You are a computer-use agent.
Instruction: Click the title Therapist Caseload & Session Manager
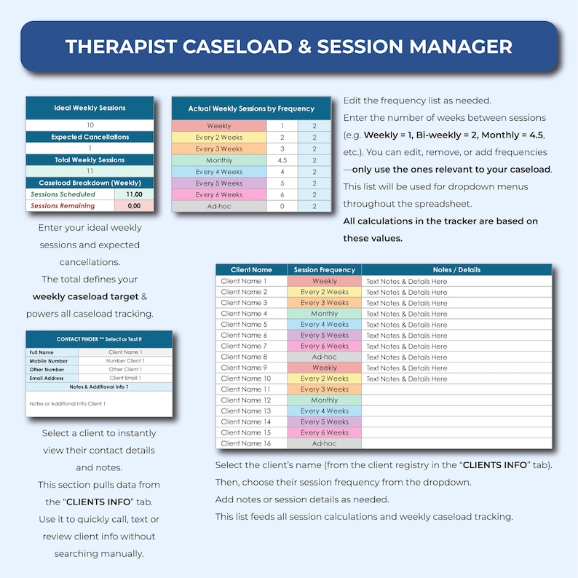pyautogui.click(x=288, y=47)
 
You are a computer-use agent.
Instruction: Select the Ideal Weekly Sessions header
pyautogui.click(x=90, y=108)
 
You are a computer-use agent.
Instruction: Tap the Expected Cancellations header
pyautogui.click(x=90, y=137)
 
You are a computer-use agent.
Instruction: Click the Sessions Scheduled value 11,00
pyautogui.click(x=134, y=194)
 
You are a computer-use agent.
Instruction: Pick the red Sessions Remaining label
pyautogui.click(x=63, y=206)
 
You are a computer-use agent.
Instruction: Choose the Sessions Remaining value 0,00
pyautogui.click(x=134, y=206)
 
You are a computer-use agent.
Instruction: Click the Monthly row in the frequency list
pyautogui.click(x=219, y=160)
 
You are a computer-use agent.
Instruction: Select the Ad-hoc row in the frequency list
pyautogui.click(x=219, y=206)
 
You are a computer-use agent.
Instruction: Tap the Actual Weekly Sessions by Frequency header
pyautogui.click(x=251, y=108)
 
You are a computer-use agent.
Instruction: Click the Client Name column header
pyautogui.click(x=251, y=270)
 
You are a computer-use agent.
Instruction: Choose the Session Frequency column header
pyautogui.click(x=325, y=270)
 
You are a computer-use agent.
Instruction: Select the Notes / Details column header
pyautogui.click(x=456, y=270)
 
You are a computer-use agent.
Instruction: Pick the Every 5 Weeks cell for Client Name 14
pyautogui.click(x=325, y=421)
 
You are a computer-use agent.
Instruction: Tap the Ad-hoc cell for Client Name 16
pyautogui.click(x=325, y=443)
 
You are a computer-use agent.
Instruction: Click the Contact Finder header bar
pyautogui.click(x=99, y=339)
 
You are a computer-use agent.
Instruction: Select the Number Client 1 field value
pyautogui.click(x=125, y=360)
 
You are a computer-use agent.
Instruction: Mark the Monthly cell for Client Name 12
pyautogui.click(x=325, y=400)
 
